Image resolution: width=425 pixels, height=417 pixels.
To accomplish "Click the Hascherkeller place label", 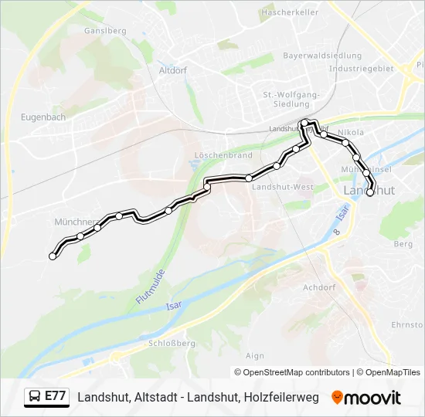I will pyautogui.click(x=290, y=12).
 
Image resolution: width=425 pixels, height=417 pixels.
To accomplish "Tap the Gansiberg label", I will pyautogui.click(x=106, y=31).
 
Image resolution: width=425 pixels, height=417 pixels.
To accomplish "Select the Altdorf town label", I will pyautogui.click(x=174, y=69).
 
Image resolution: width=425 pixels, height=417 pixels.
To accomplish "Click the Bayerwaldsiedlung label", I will pyautogui.click(x=322, y=56).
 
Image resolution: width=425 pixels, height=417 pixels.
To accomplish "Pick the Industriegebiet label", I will pyautogui.click(x=361, y=68).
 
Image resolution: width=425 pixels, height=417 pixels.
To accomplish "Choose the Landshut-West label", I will pyautogui.click(x=283, y=187).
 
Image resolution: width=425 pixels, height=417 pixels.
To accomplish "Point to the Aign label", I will pyautogui.click(x=254, y=356).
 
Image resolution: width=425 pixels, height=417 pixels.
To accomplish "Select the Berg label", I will pyautogui.click(x=403, y=244).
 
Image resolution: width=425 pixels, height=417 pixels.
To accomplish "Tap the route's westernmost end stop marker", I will pyautogui.click(x=53, y=256).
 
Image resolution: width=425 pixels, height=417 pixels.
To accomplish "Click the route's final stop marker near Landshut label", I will pyautogui.click(x=369, y=193).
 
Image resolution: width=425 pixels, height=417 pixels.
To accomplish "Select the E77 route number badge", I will pyautogui.click(x=55, y=396).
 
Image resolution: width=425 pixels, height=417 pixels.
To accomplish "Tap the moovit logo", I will pyautogui.click(x=366, y=398).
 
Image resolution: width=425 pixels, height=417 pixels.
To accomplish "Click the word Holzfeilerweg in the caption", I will pyautogui.click(x=281, y=397).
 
